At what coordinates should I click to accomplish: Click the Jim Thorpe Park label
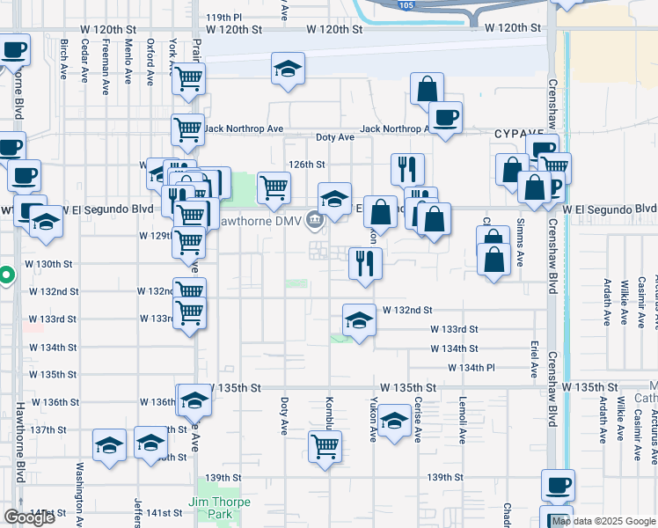pos(219,508)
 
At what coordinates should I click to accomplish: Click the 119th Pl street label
pos(223,17)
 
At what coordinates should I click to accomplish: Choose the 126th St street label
pos(308,165)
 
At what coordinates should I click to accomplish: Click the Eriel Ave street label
pos(534,351)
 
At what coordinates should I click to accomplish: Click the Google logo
pos(29,517)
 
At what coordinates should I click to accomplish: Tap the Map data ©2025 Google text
pos(603,521)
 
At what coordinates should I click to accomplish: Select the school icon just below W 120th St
pos(287,69)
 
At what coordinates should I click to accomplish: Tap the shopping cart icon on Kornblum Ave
pos(325,446)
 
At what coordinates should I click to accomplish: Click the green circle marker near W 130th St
pos(5,275)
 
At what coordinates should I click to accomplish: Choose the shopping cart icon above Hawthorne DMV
pos(274,187)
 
